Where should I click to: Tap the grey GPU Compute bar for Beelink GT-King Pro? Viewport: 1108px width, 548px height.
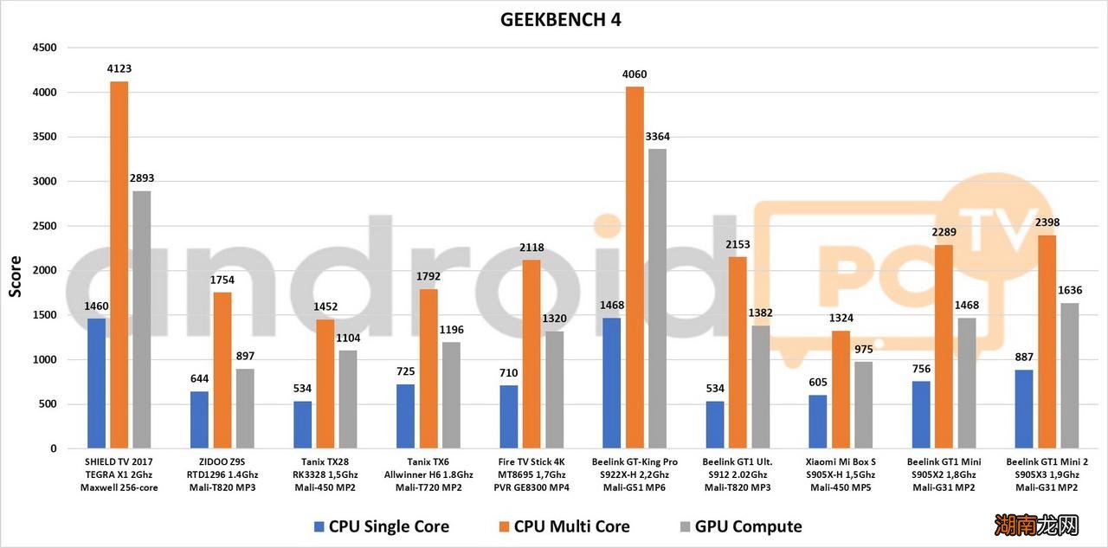(658, 299)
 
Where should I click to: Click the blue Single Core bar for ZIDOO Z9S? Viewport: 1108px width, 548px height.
(199, 420)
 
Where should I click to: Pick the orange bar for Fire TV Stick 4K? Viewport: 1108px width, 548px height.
(531, 354)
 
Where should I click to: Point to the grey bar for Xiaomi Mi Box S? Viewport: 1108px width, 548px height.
(864, 405)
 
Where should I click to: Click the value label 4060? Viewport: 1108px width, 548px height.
(634, 74)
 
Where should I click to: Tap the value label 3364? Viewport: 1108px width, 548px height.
(657, 137)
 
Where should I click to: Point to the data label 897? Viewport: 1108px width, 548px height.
(245, 357)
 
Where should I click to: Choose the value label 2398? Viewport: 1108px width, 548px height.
(1047, 222)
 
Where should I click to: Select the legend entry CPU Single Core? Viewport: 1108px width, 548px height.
(389, 526)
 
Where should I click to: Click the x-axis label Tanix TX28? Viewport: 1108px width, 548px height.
(325, 462)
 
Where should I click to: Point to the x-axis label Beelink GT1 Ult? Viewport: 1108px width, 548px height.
(737, 462)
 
